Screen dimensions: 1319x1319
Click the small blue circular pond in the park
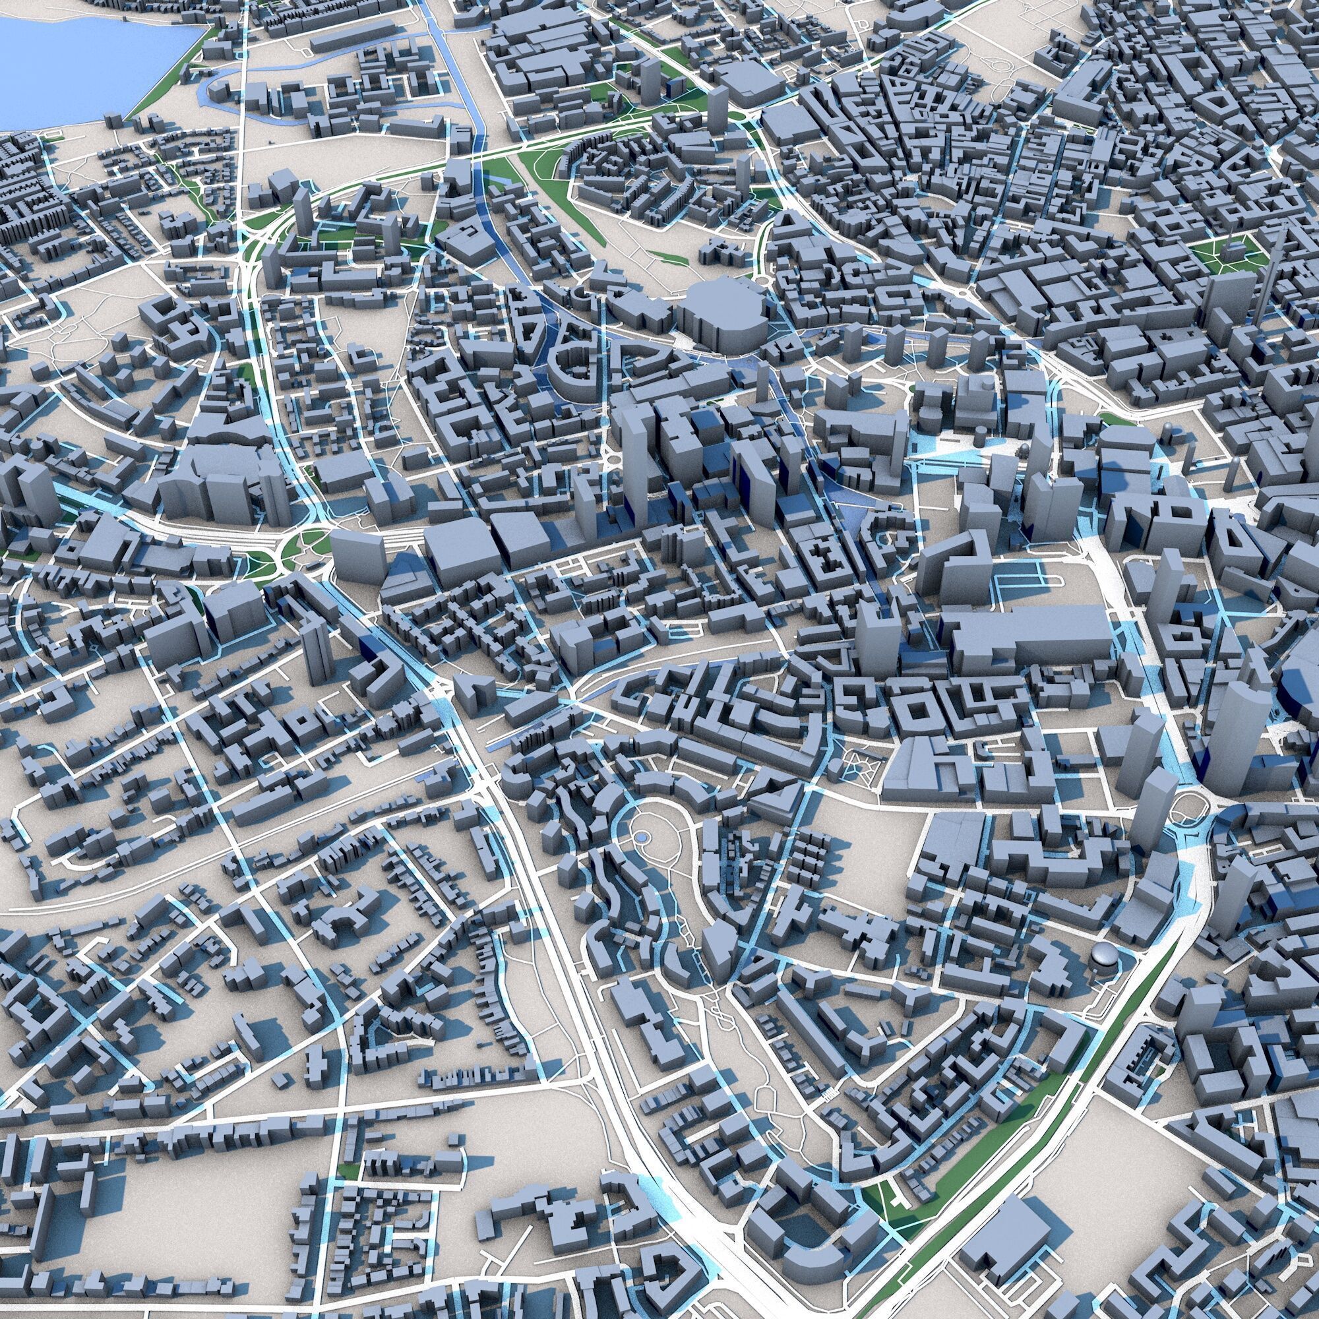(x=642, y=837)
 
